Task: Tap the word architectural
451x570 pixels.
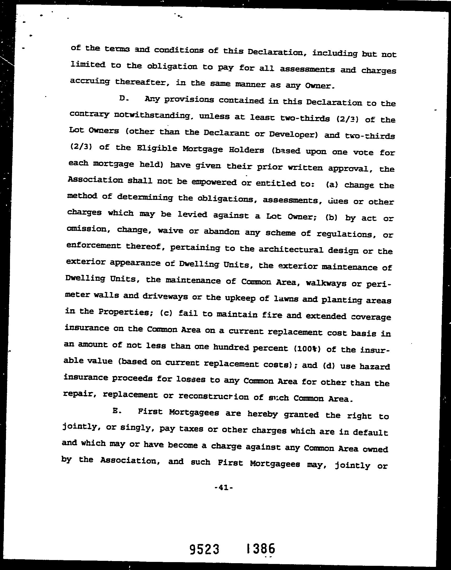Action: [291, 250]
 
